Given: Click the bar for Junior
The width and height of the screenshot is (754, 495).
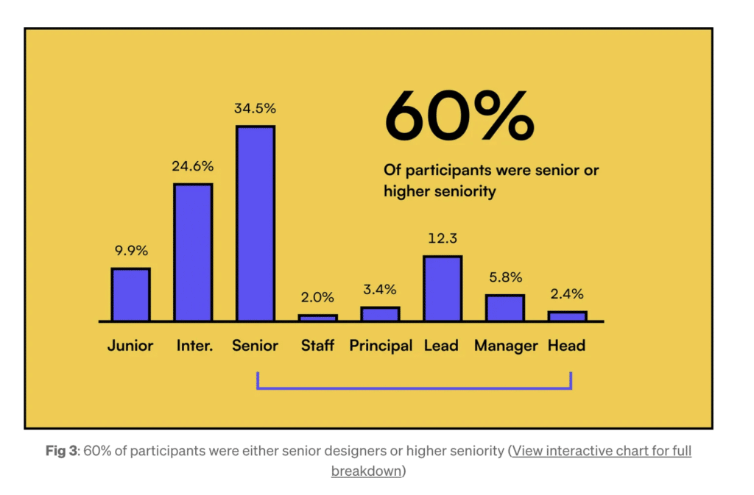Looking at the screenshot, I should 130,294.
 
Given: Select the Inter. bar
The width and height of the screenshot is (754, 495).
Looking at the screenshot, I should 193,252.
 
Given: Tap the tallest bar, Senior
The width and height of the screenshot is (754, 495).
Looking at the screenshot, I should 255,224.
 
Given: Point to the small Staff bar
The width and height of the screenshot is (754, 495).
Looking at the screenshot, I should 317,318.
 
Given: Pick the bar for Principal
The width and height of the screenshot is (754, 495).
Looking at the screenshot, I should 380,314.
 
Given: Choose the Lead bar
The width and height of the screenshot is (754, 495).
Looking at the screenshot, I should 443,288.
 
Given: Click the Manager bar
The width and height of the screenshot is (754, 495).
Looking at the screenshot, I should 505,308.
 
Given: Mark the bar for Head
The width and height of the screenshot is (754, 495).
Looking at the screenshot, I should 567,316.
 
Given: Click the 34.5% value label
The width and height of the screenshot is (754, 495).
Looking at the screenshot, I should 255,109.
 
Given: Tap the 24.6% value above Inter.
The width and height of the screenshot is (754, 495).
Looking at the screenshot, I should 193,166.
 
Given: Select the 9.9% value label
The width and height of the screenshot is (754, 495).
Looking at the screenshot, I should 130,250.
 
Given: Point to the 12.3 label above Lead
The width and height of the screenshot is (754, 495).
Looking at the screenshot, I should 443,239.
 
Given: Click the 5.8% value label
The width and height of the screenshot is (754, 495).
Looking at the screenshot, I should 505,277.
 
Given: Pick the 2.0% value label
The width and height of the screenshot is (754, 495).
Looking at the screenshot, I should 317,298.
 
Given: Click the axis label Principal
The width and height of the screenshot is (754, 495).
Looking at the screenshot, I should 381,346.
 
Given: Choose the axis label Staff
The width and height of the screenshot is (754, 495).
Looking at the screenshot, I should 317,346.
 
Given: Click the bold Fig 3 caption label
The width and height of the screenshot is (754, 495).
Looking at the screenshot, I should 62,452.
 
